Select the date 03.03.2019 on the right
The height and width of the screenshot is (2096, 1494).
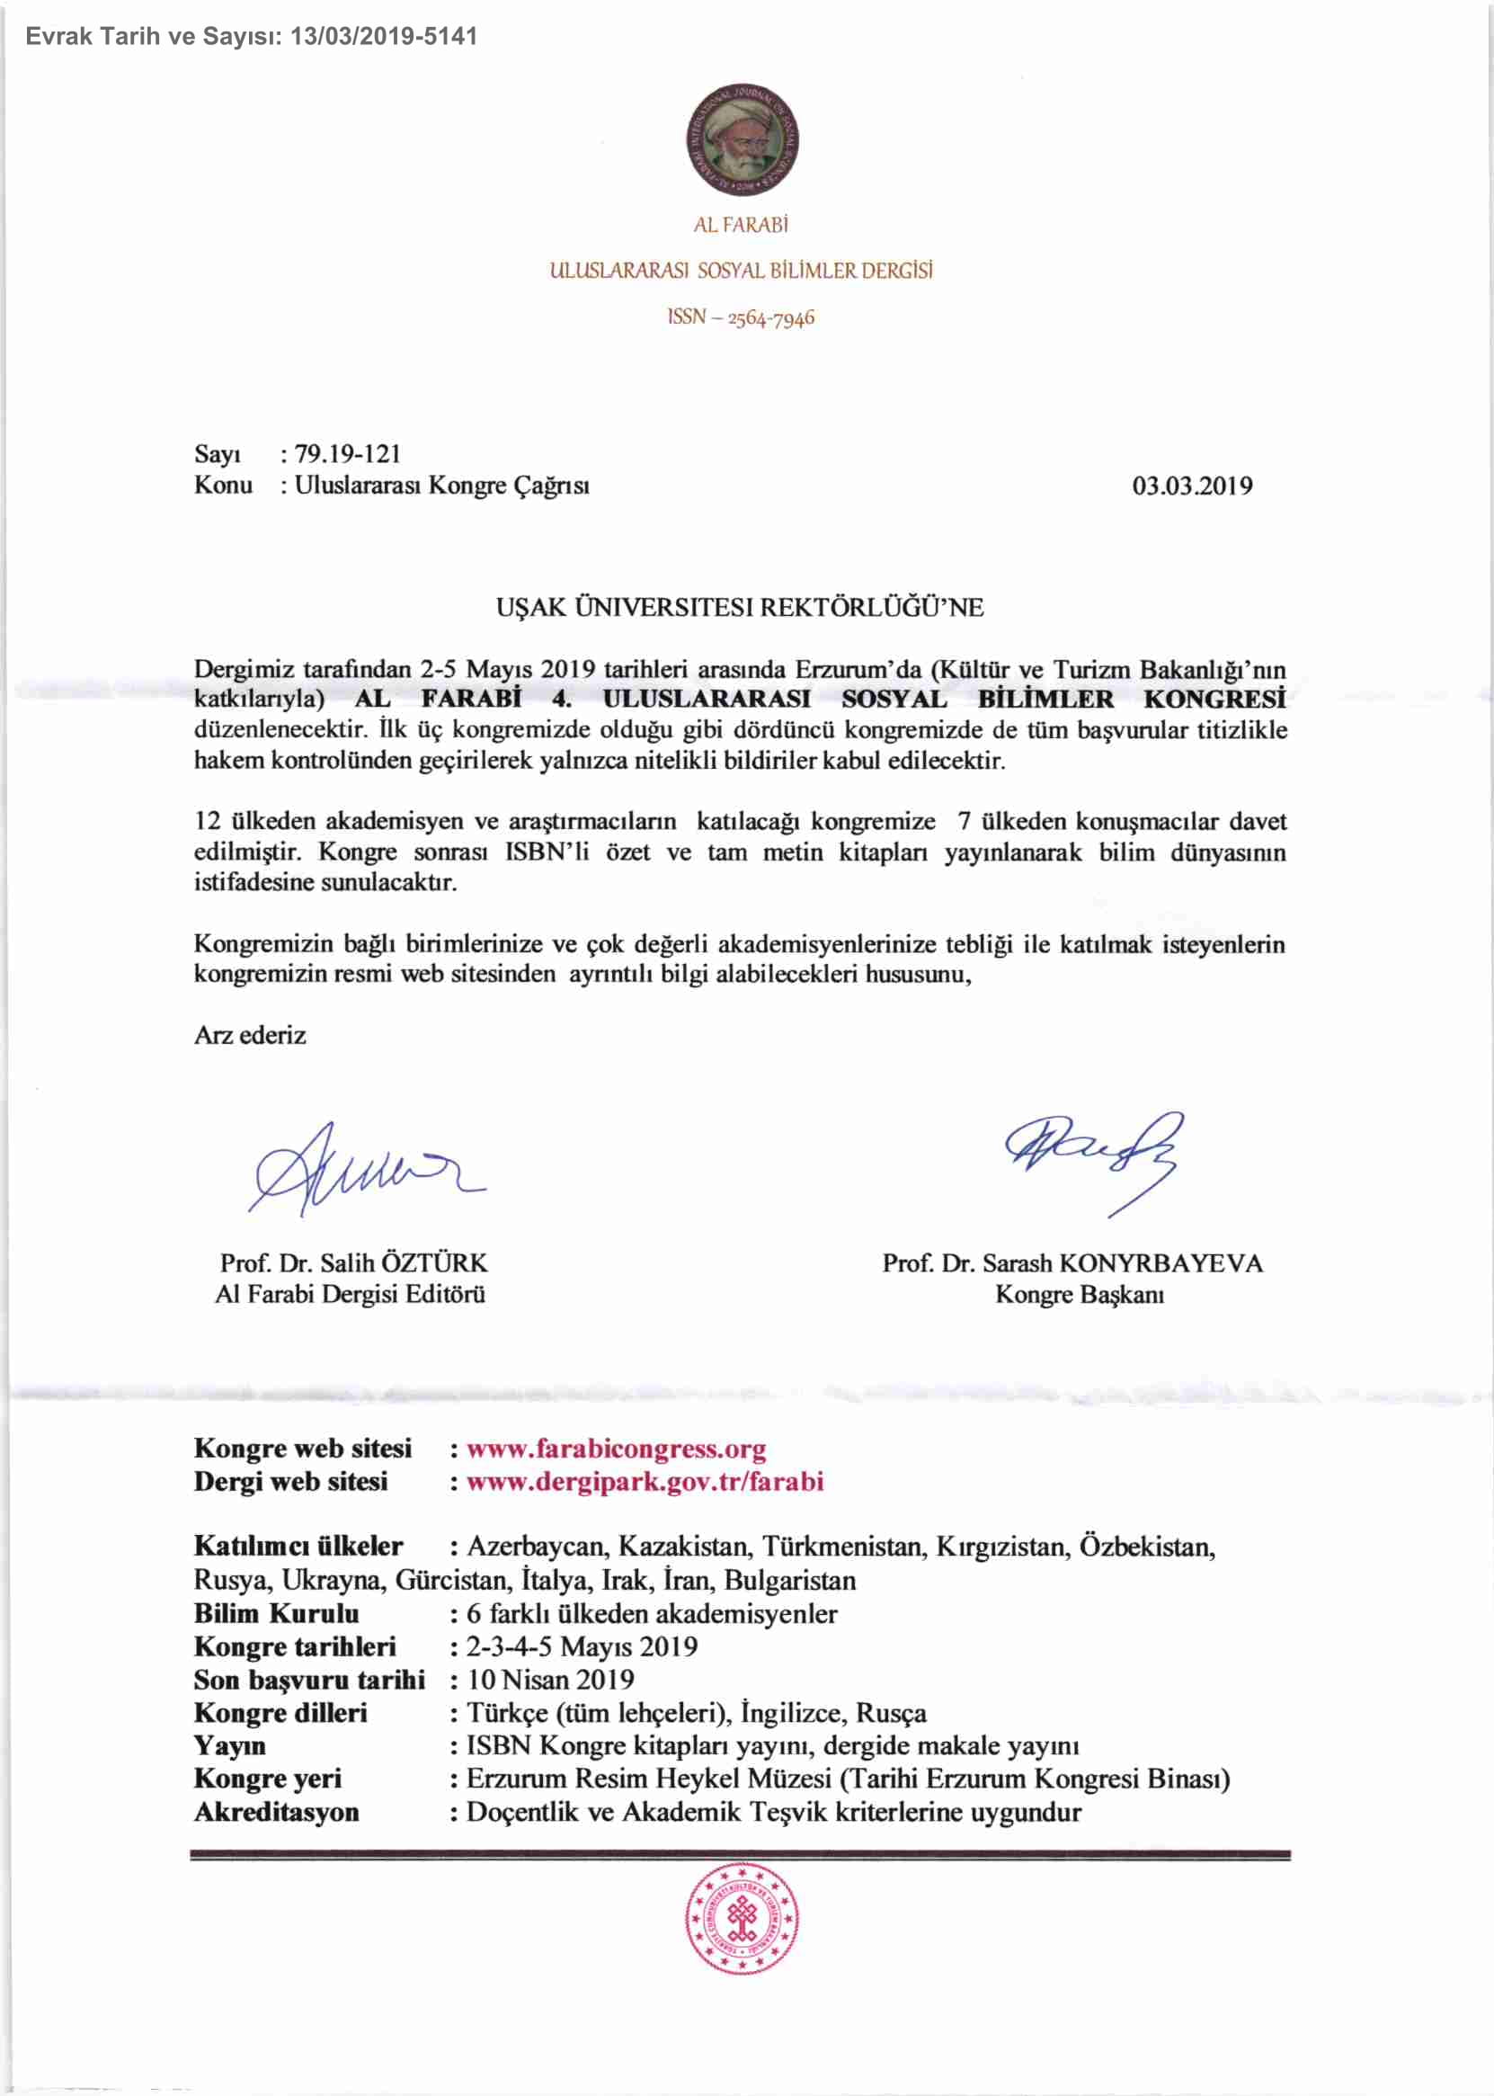pyautogui.click(x=1191, y=486)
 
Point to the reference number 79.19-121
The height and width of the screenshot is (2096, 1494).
pyautogui.click(x=348, y=453)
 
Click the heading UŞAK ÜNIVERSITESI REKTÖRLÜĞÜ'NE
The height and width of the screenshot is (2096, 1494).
pyautogui.click(x=740, y=607)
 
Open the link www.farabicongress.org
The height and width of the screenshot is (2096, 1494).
pyautogui.click(x=616, y=1449)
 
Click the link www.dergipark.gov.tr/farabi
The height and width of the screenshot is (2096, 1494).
pyautogui.click(x=645, y=1481)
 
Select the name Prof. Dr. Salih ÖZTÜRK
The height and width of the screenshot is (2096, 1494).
pyautogui.click(x=353, y=1262)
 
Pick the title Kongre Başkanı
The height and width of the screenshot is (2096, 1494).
pyautogui.click(x=1079, y=1295)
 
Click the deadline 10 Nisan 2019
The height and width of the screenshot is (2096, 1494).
pyautogui.click(x=550, y=1679)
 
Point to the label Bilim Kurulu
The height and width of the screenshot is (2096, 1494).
pyautogui.click(x=276, y=1613)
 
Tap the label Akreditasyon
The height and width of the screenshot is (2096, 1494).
pyautogui.click(x=276, y=1812)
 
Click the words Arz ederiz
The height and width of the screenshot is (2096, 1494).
pyautogui.click(x=250, y=1035)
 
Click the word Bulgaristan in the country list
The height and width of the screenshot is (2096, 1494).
pyautogui.click(x=789, y=1580)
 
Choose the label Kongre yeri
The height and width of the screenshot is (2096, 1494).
pyautogui.click(x=268, y=1779)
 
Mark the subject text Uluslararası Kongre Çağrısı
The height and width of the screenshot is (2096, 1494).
pyautogui.click(x=441, y=485)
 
